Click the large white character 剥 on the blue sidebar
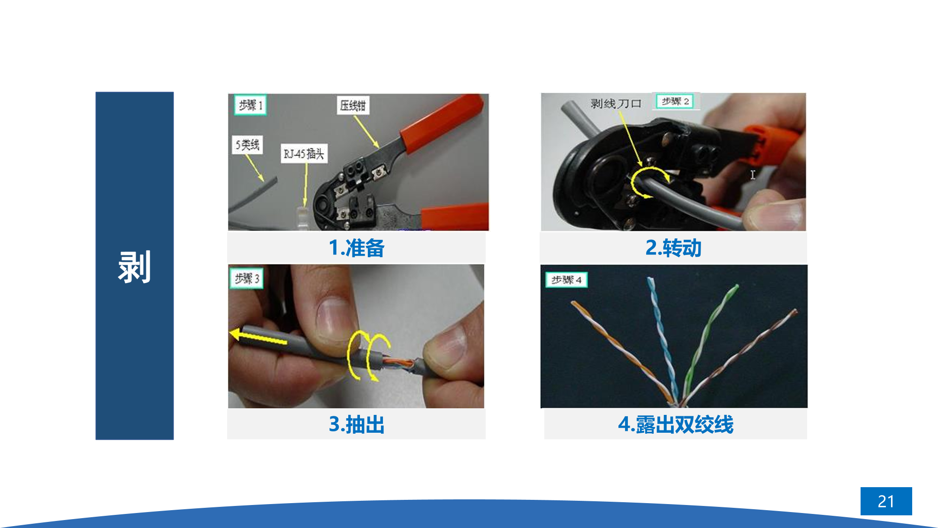click(x=134, y=267)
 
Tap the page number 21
click(x=886, y=501)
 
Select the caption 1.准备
click(x=357, y=248)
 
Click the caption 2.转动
click(x=673, y=248)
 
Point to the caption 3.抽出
click(x=357, y=424)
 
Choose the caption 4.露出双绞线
click(x=676, y=424)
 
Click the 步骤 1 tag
click(x=250, y=105)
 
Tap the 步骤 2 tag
click(x=675, y=101)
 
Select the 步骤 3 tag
click(x=246, y=278)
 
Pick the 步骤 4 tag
click(x=566, y=280)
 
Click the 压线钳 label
click(x=353, y=105)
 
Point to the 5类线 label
click(x=247, y=145)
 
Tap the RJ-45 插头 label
click(x=304, y=153)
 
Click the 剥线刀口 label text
click(x=616, y=103)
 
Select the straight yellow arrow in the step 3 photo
click(x=258, y=337)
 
